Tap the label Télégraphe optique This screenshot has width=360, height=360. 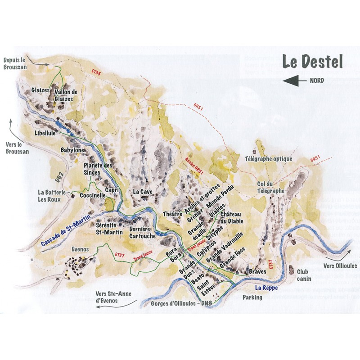[x=268, y=159]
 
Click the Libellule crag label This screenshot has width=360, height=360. [x=45, y=134]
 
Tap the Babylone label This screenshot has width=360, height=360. [x=72, y=150]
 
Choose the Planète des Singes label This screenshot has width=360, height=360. [x=98, y=169]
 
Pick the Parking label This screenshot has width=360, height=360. [x=252, y=297]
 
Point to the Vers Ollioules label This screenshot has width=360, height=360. [x=340, y=266]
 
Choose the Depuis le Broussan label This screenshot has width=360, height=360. [x=16, y=63]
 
